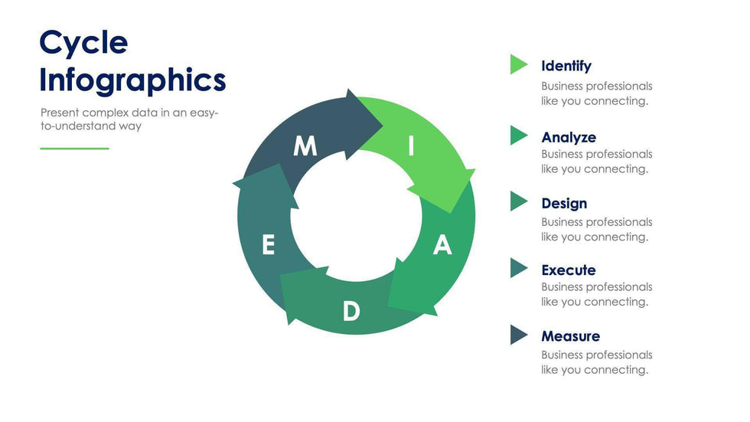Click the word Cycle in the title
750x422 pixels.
pyautogui.click(x=83, y=43)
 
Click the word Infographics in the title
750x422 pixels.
pyautogui.click(x=132, y=80)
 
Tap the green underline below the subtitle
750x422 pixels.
pyautogui.click(x=74, y=149)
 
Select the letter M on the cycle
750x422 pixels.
pyautogui.click(x=305, y=146)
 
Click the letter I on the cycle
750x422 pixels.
pyautogui.click(x=411, y=146)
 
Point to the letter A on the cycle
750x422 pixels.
pyautogui.click(x=442, y=245)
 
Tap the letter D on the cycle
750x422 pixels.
pyautogui.click(x=351, y=311)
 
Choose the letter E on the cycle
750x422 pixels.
pyautogui.click(x=268, y=245)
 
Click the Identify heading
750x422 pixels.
pyautogui.click(x=566, y=66)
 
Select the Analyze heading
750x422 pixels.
pyautogui.click(x=568, y=137)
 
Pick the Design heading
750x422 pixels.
pyautogui.click(x=564, y=203)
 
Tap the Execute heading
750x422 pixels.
pyautogui.click(x=568, y=270)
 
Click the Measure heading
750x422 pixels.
pyautogui.click(x=570, y=336)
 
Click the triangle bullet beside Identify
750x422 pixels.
pyautogui.click(x=518, y=65)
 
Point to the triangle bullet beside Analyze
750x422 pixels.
pyautogui.click(x=518, y=136)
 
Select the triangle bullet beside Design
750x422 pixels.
pyautogui.click(x=518, y=202)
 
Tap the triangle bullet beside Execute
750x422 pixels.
pyautogui.click(x=518, y=268)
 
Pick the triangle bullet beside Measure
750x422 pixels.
pyautogui.click(x=518, y=335)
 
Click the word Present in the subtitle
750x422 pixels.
pyautogui.click(x=60, y=113)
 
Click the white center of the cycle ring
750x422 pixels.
pyautogui.click(x=356, y=217)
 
